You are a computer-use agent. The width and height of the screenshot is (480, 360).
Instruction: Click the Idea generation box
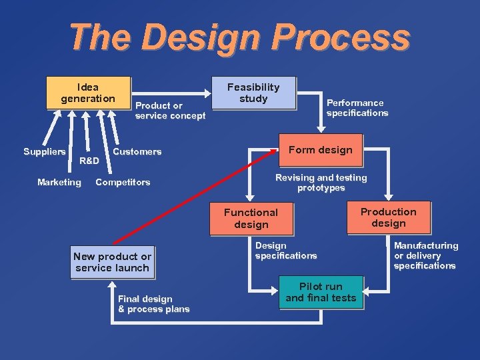[87, 93]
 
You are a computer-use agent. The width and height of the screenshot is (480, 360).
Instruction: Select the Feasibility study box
[253, 93]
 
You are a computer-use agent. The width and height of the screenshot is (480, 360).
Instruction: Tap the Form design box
[320, 150]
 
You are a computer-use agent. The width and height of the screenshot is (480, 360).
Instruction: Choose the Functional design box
[251, 218]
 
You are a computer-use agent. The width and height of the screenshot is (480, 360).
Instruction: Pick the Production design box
[388, 217]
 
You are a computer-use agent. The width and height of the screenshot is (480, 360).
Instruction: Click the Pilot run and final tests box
[321, 292]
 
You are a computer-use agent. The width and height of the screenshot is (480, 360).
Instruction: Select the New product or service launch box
[112, 262]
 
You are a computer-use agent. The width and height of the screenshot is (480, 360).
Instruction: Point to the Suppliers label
[45, 152]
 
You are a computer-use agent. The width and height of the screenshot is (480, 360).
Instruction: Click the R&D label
[89, 161]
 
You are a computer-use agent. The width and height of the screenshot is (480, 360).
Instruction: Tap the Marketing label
[59, 182]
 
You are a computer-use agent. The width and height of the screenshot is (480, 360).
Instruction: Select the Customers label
[137, 152]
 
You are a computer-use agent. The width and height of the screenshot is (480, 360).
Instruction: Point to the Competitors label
[123, 182]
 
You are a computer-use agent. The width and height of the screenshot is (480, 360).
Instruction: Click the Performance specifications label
[357, 108]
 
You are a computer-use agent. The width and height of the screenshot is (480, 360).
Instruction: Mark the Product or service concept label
[170, 111]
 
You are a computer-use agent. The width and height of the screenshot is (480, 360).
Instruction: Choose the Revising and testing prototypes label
[321, 183]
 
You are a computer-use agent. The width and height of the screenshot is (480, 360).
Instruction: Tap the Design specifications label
[285, 251]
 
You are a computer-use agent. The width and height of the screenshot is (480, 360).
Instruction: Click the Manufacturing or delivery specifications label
[425, 255]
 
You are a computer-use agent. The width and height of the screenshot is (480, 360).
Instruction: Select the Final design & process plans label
[153, 304]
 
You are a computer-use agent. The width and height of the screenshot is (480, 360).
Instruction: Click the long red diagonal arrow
[193, 197]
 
